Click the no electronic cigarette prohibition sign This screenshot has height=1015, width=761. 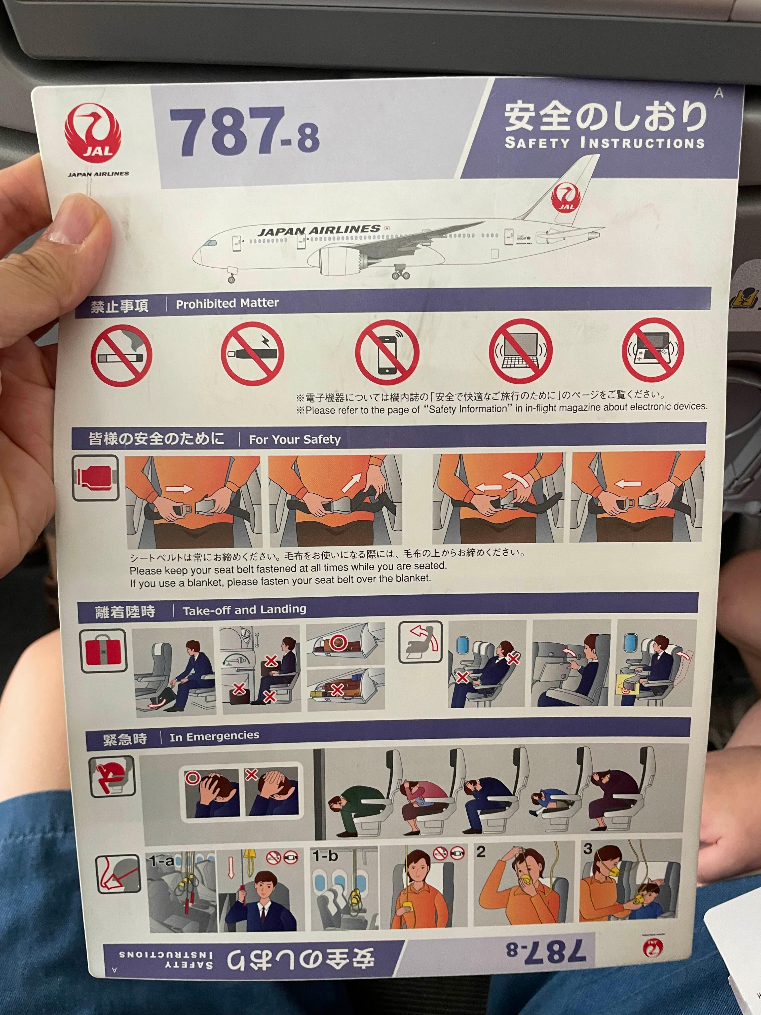tap(252, 354)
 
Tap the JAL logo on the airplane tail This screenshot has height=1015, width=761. tap(566, 198)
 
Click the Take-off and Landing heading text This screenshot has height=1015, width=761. tap(244, 610)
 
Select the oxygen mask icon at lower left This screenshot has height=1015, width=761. tap(118, 874)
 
